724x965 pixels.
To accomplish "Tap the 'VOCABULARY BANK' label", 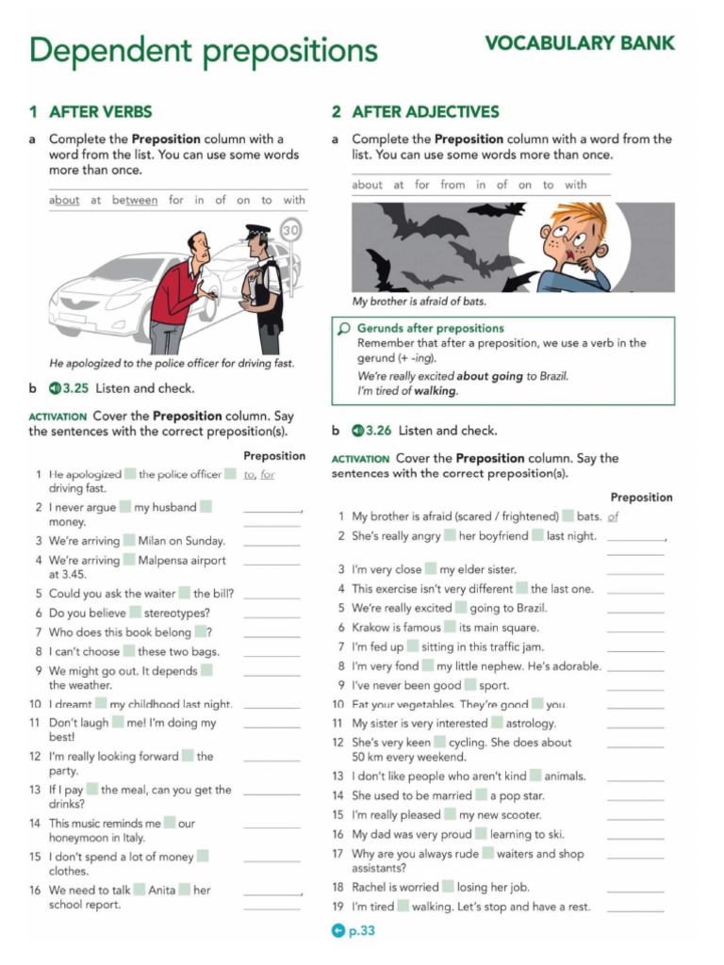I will (x=579, y=43).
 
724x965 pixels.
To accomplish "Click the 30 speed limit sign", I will (x=290, y=229).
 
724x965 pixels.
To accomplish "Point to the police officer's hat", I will (x=257, y=230).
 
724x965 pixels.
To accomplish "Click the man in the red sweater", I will (x=179, y=287).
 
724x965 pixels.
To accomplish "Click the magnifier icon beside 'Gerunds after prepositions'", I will (x=344, y=329).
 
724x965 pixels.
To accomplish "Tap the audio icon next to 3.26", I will (x=357, y=431).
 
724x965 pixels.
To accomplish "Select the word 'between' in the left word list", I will (x=135, y=200).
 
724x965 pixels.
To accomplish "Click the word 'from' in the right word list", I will (x=452, y=185).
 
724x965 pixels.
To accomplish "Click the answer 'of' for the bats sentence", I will (x=614, y=516).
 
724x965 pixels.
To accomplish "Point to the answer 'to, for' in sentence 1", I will (x=259, y=475).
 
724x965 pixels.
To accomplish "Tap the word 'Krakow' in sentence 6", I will (x=370, y=628).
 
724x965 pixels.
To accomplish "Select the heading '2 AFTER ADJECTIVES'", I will (x=415, y=112).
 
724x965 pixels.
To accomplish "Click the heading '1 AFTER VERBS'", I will (x=90, y=112).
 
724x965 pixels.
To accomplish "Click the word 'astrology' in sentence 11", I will (x=531, y=724).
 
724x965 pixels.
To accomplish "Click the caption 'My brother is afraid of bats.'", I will (x=419, y=302).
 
